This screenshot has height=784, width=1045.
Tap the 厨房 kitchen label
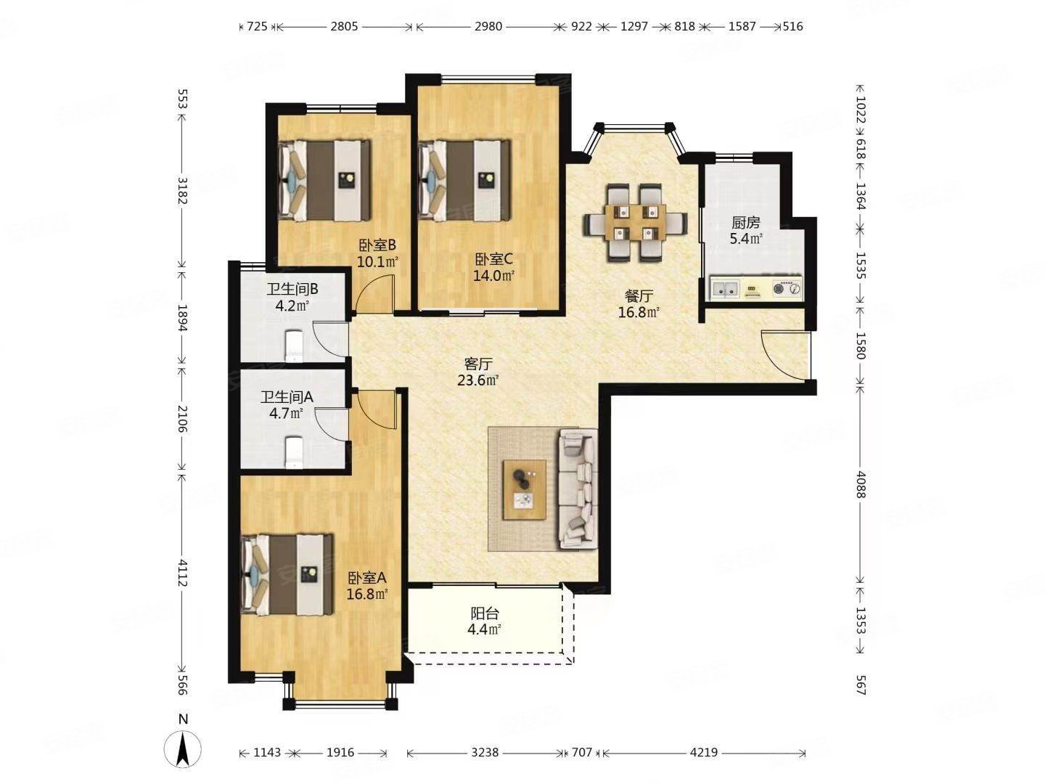tap(745, 223)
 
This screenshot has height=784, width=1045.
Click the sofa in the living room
tap(578, 489)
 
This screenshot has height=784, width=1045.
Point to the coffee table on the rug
tap(525, 489)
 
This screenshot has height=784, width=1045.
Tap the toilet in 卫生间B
tap(293, 346)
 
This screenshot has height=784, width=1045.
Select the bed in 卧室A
tap(287, 574)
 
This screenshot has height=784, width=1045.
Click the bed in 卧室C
tap(464, 181)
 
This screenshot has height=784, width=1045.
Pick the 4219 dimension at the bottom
tap(703, 752)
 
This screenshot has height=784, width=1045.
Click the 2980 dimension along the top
tap(488, 26)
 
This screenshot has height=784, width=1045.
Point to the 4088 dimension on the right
tap(861, 485)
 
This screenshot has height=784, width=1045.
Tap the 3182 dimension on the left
tap(182, 190)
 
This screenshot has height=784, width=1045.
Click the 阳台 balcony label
tap(485, 613)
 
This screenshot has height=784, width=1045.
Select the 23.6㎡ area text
tap(478, 380)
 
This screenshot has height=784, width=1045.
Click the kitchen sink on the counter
tap(725, 288)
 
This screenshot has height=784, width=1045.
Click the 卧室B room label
tap(377, 245)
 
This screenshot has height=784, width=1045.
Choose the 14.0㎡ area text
tap(493, 275)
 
